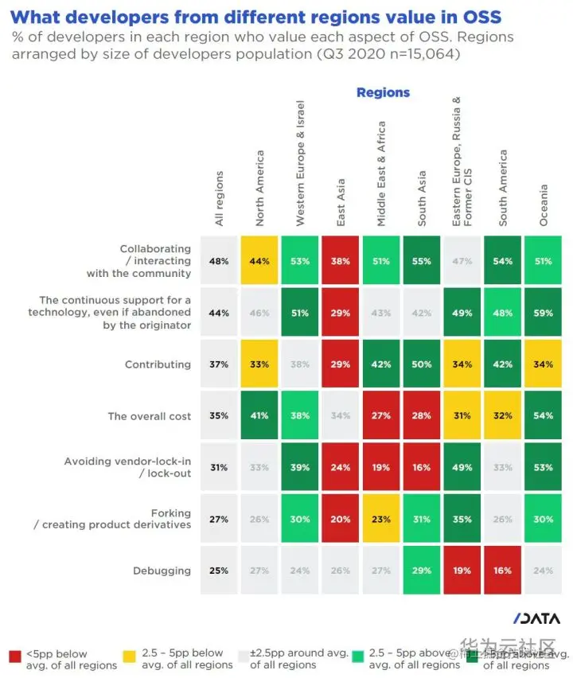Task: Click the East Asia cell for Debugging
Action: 341,571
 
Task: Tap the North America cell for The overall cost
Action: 259,415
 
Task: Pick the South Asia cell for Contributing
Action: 423,364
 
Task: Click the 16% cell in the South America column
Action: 502,571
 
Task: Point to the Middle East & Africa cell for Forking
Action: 381,519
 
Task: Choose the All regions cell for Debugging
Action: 219,571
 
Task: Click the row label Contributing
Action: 158,364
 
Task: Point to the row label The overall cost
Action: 150,415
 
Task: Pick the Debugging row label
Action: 162,571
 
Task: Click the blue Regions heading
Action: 383,92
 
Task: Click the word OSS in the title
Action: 477,15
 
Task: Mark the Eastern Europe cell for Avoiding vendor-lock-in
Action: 462,467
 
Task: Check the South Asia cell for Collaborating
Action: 423,261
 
